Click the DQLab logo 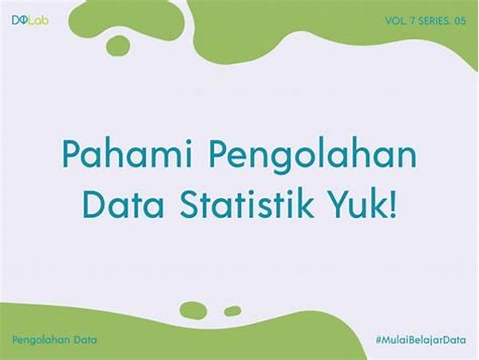(30, 20)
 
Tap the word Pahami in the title (127, 154)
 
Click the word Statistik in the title (247, 203)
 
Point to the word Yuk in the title (358, 203)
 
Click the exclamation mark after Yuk (393, 203)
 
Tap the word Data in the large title (123, 203)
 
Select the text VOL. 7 (400, 21)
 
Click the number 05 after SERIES (460, 21)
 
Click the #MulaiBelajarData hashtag (421, 340)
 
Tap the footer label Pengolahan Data (54, 340)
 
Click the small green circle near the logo (118, 45)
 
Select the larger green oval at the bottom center (193, 311)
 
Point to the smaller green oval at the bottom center (233, 311)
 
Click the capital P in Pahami (70, 154)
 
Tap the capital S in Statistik (189, 203)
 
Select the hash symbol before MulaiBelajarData (379, 340)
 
